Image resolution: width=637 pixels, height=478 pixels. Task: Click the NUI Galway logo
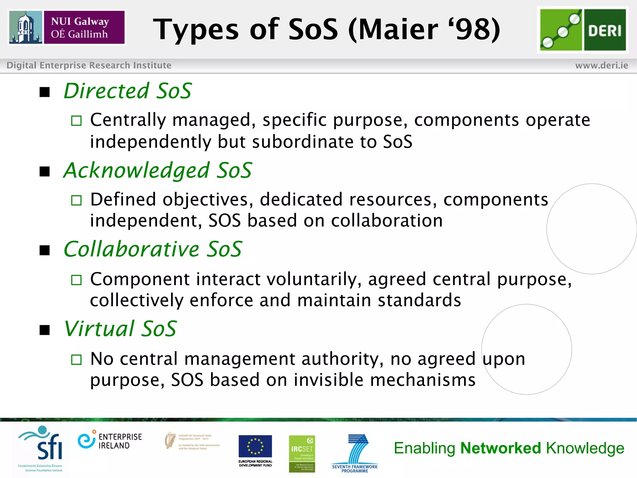point(67,27)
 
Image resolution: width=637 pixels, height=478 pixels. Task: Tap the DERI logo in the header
point(583,30)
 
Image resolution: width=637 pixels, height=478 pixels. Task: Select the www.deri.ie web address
point(602,65)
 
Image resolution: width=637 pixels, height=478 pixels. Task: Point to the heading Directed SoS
point(128,91)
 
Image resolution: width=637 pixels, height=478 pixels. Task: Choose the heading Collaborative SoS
point(153,249)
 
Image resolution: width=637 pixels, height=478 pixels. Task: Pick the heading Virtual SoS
point(120,329)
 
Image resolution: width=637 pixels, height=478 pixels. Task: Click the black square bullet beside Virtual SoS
point(45,330)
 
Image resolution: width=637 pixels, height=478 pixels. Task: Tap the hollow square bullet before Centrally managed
point(76,121)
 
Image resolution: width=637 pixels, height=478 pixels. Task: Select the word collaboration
point(387,221)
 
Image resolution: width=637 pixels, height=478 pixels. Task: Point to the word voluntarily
point(314,279)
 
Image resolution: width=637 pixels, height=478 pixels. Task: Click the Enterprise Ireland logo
point(110,440)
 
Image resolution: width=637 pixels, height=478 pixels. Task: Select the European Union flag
point(255,446)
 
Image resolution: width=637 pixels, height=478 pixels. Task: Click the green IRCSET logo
point(302,453)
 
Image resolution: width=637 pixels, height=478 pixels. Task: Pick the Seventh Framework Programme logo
point(355,453)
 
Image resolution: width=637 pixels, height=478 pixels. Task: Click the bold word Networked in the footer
point(500,448)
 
